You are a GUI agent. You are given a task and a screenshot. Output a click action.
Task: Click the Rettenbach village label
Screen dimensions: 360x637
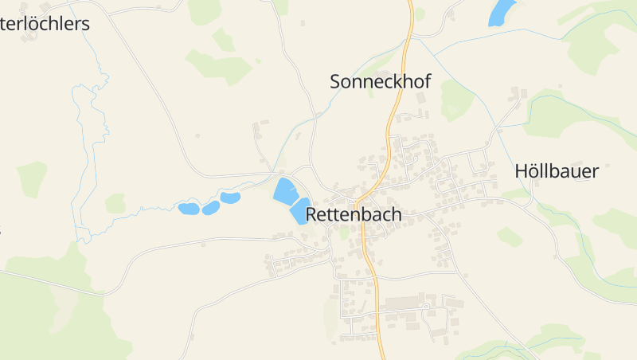click(354, 214)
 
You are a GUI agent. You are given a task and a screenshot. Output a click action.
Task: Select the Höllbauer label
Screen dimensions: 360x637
click(556, 170)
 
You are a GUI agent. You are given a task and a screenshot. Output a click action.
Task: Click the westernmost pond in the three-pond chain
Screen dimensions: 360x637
click(189, 209)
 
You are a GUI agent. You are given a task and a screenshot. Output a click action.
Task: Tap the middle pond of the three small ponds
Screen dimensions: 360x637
click(211, 208)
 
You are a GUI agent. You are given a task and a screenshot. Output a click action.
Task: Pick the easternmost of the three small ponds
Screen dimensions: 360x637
click(230, 198)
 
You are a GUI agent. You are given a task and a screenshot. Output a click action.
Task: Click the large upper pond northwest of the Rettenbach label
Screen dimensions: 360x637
click(284, 191)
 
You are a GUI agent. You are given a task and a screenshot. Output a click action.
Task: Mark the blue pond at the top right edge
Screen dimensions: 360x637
click(502, 12)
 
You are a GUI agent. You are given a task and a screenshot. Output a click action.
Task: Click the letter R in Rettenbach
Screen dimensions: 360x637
click(312, 214)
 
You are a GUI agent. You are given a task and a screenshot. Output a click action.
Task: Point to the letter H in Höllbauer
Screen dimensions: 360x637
click(522, 170)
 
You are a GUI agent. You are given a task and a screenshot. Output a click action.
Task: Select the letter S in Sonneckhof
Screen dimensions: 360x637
click(336, 80)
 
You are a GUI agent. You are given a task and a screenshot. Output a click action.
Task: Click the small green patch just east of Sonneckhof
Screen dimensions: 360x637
click(456, 100)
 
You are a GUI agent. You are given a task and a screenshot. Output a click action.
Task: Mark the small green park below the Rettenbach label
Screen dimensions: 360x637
click(345, 233)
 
